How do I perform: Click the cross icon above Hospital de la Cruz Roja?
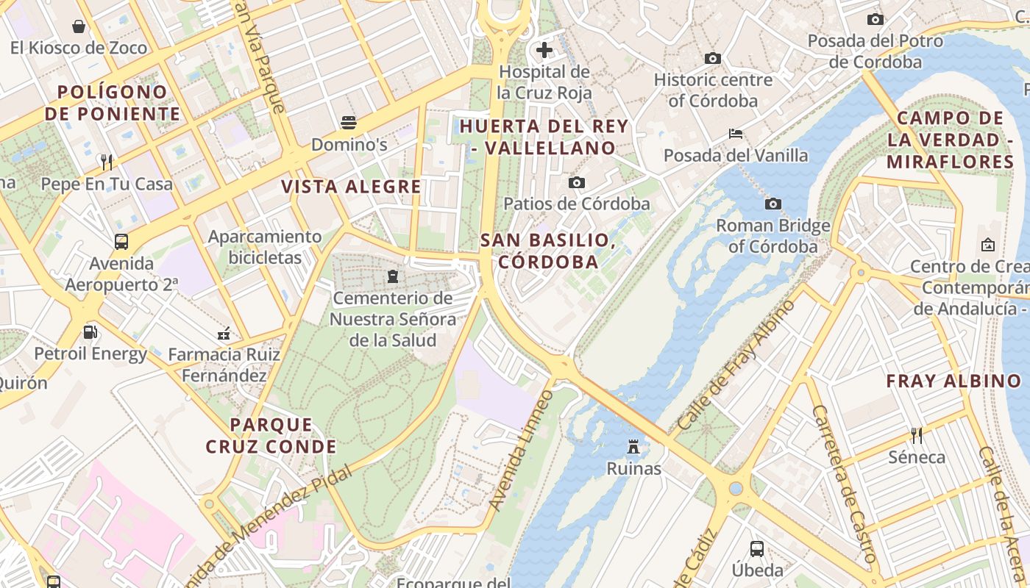coord(544,50)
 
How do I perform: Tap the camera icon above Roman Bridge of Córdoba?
coord(772,204)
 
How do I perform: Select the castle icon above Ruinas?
coord(633,446)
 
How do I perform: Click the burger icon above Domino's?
coord(349,121)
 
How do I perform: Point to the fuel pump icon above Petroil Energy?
coord(90,331)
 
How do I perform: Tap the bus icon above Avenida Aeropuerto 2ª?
coord(121,241)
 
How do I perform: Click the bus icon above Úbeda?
coord(757,548)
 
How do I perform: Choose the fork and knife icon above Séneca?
coord(917,435)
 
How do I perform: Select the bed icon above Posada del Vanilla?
coord(735,134)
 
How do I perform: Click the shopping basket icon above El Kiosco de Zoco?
coord(79,26)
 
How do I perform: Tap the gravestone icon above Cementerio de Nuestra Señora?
coord(393,276)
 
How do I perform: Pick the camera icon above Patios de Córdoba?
coord(577,182)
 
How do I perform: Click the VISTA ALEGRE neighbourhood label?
coord(352,187)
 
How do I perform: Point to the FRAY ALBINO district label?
coord(953,381)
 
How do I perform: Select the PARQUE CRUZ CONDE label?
coord(271,435)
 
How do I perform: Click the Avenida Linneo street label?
coord(521,450)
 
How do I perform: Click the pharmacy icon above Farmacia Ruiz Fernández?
coord(224,334)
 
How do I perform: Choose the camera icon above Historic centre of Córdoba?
coord(712,58)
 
